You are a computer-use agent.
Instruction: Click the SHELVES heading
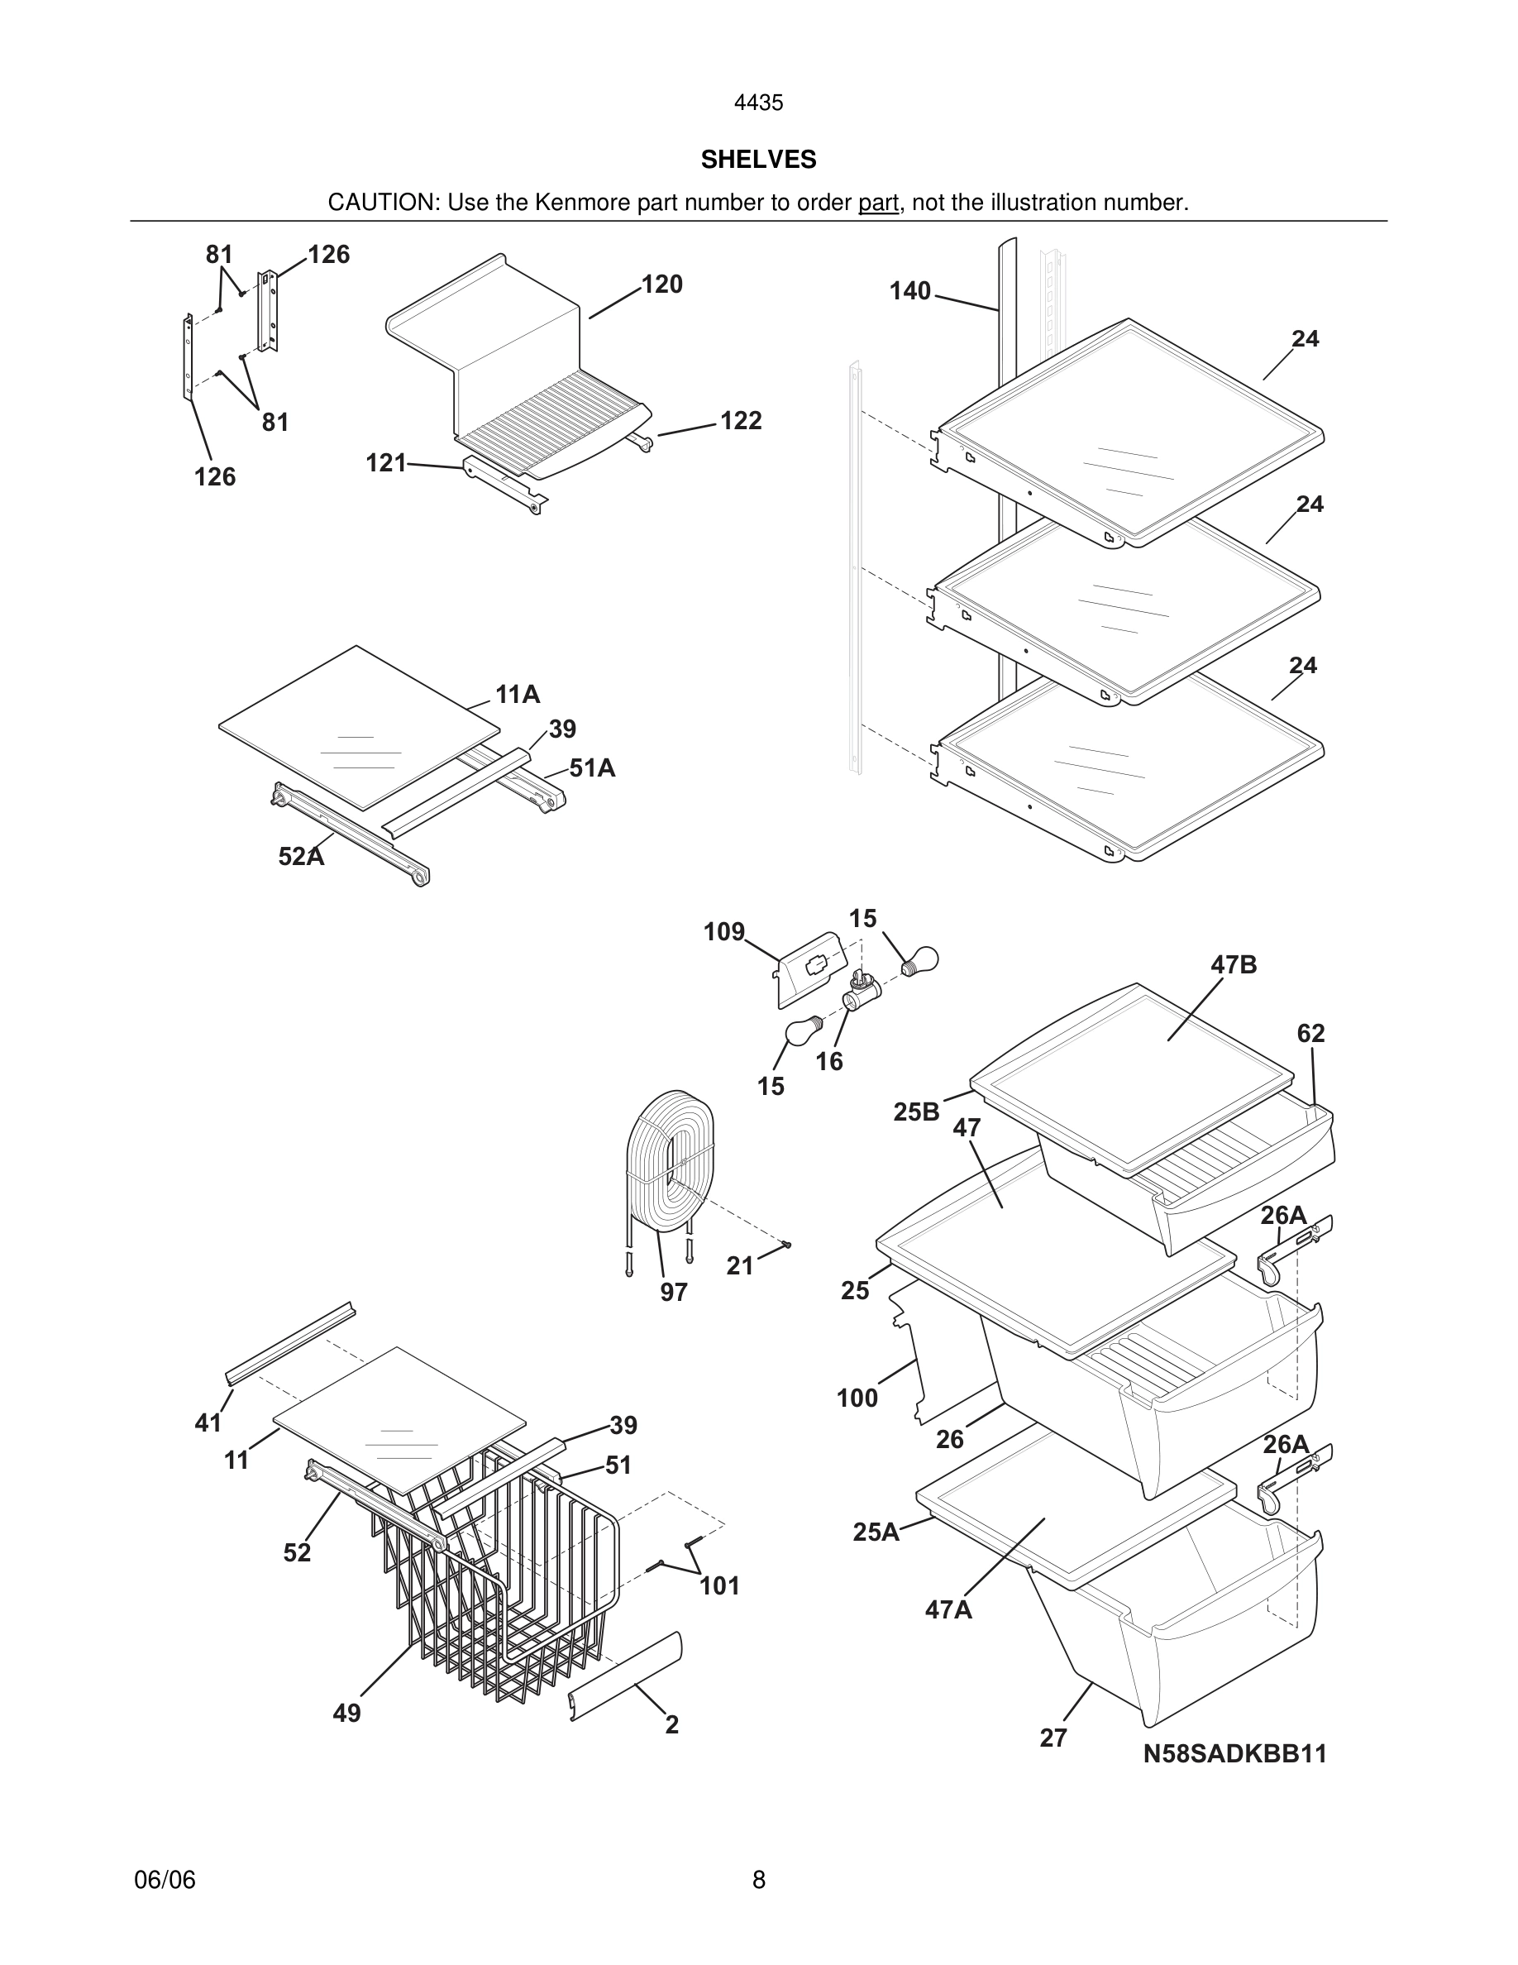[758, 160]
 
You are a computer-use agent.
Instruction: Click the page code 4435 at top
[758, 103]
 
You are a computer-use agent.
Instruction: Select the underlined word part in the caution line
[878, 203]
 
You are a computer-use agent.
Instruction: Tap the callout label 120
[662, 284]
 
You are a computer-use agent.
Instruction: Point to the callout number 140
[910, 291]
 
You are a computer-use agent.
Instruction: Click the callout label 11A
[517, 695]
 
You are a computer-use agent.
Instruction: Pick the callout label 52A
[300, 857]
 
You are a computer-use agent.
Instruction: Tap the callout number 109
[724, 932]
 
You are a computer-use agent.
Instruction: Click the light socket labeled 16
[860, 996]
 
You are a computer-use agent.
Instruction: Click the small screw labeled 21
[787, 1245]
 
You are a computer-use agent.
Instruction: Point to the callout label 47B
[1233, 965]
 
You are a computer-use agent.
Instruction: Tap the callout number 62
[1310, 1034]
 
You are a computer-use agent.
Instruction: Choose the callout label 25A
[876, 1532]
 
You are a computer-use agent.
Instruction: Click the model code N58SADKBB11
[1234, 1754]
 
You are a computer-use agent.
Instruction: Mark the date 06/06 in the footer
[165, 1880]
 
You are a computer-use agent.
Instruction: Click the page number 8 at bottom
[758, 1880]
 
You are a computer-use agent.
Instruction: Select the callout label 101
[719, 1586]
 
